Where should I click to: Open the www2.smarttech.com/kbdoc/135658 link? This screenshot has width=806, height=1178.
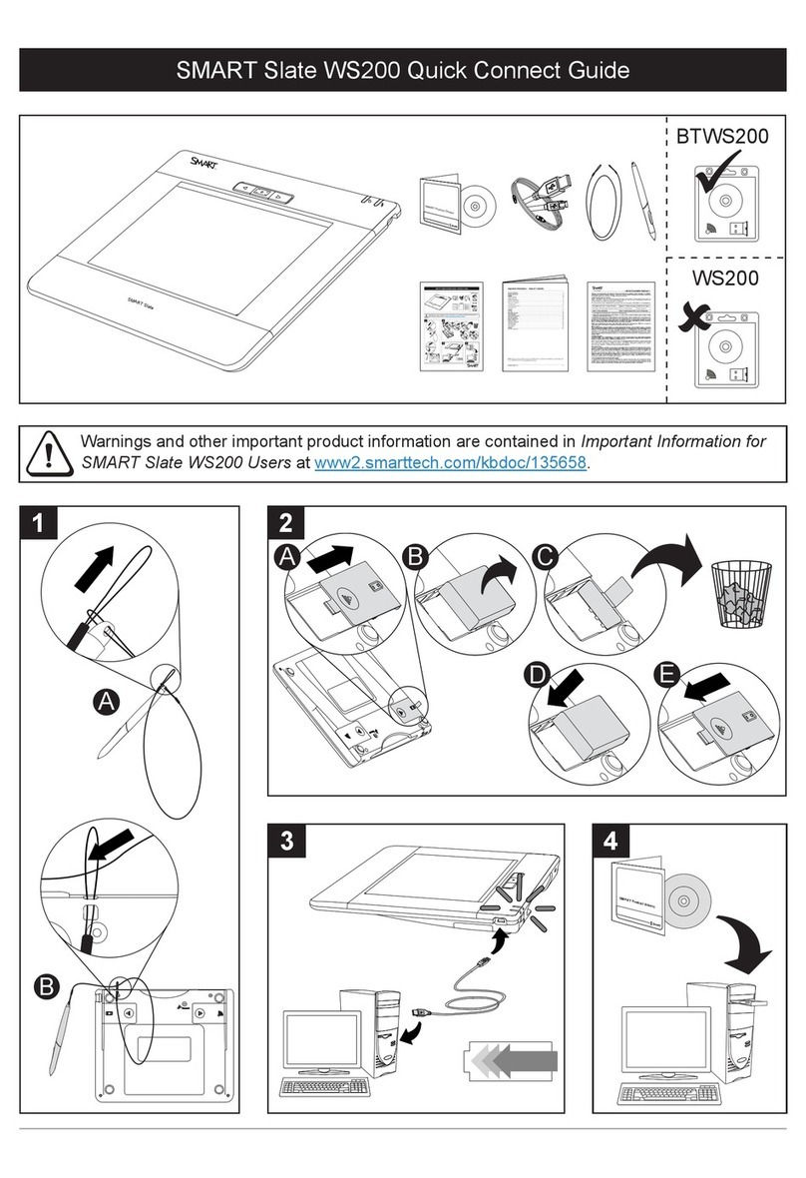tap(451, 463)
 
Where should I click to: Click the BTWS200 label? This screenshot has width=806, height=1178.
tap(723, 137)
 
